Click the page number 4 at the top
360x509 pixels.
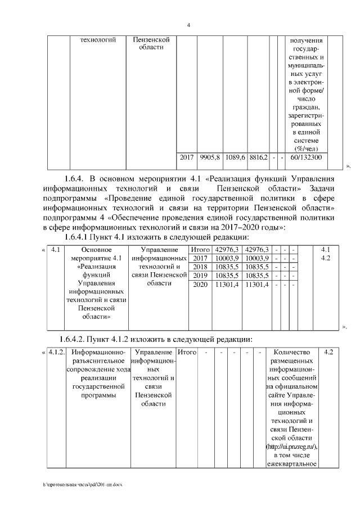click(x=188, y=25)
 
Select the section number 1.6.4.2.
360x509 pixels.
click(x=79, y=339)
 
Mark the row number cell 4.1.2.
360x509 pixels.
click(x=55, y=353)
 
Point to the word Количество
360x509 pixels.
click(x=296, y=353)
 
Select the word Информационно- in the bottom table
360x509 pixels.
click(x=98, y=353)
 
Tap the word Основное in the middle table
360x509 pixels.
click(x=98, y=249)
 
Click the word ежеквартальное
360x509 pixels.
click(x=296, y=464)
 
